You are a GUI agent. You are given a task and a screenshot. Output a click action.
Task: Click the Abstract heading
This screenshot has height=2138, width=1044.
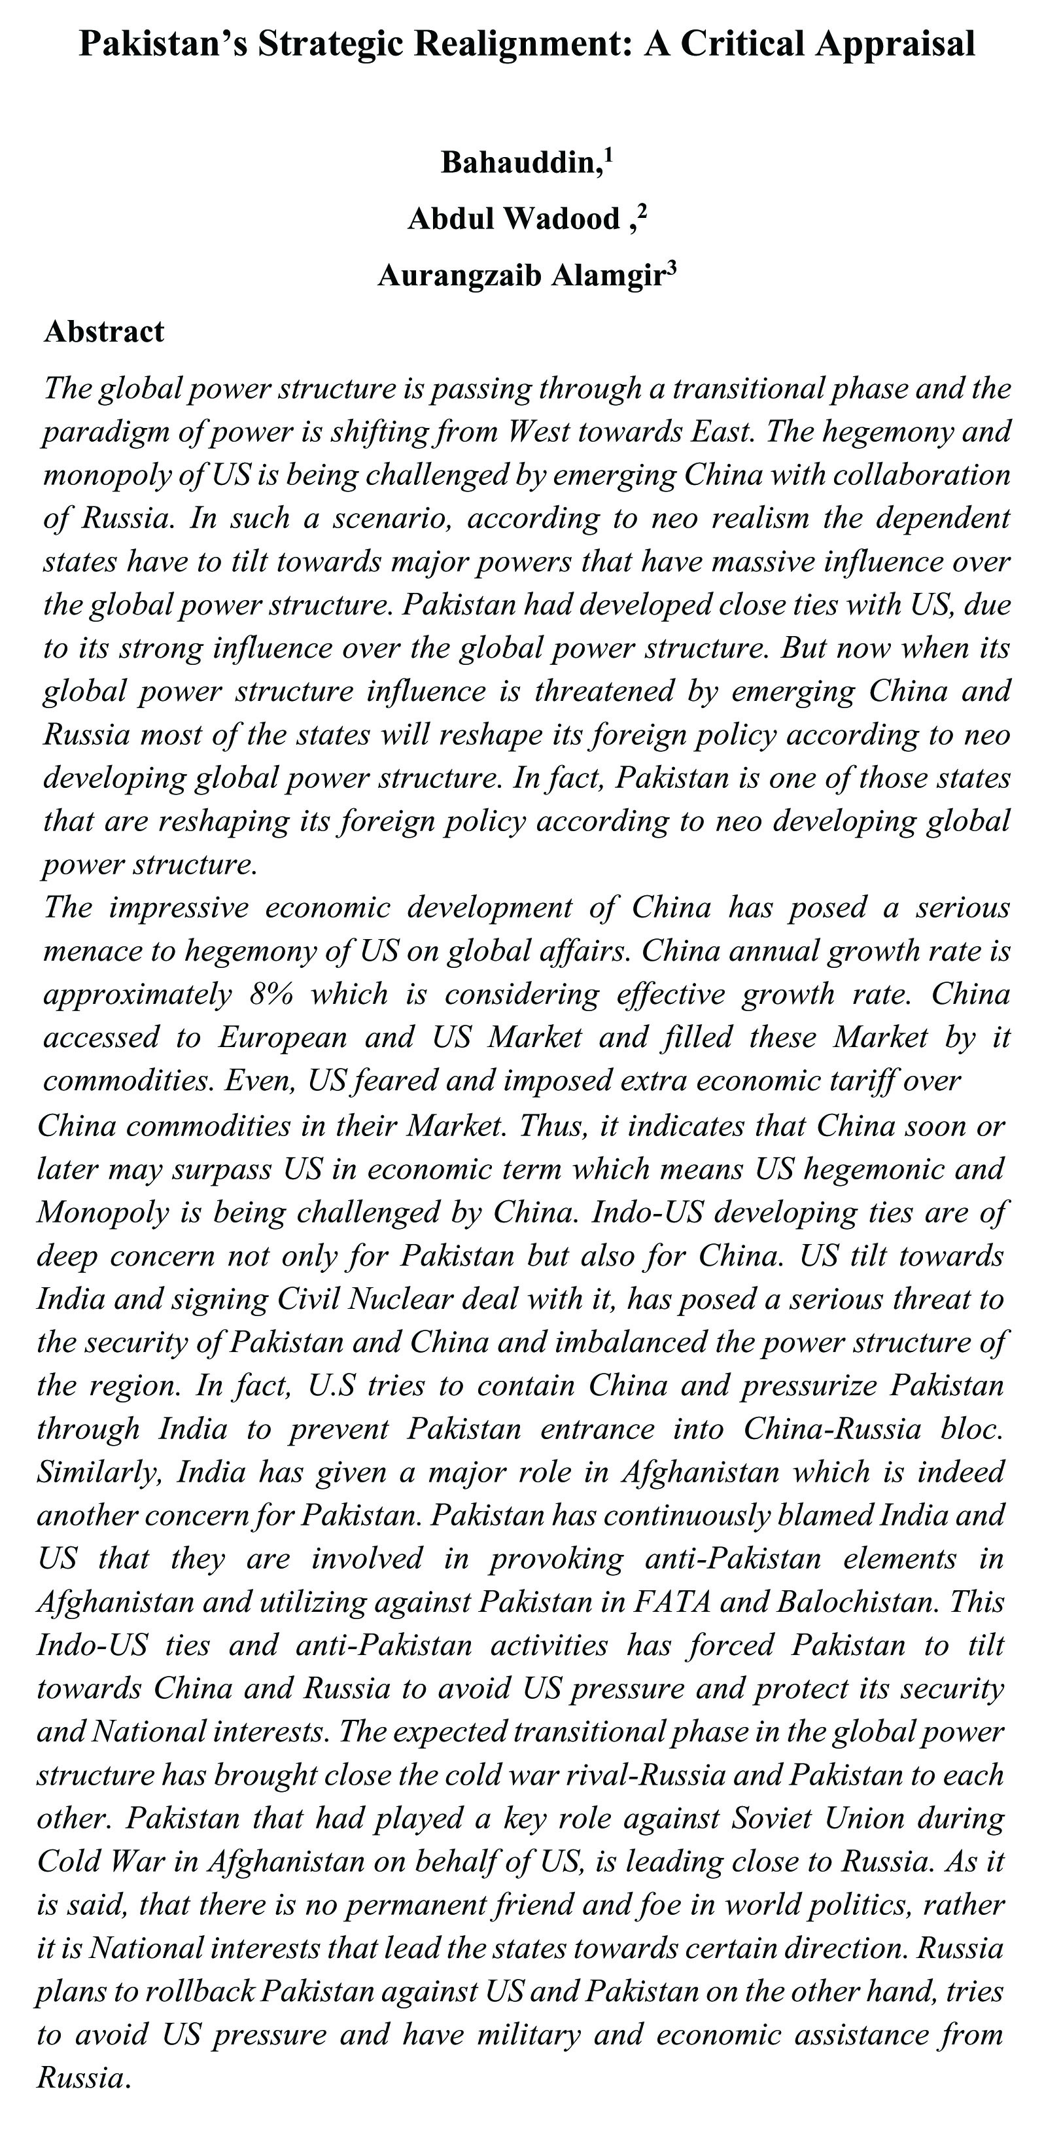(105, 331)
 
